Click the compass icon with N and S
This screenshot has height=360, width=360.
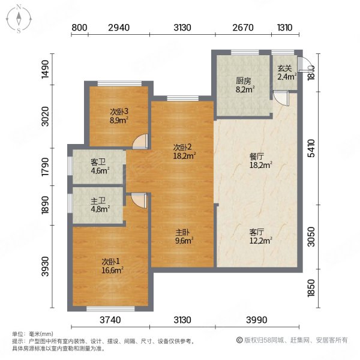point(20,18)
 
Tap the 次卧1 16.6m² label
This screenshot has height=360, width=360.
point(112,265)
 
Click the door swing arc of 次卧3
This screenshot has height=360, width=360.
point(140,141)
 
